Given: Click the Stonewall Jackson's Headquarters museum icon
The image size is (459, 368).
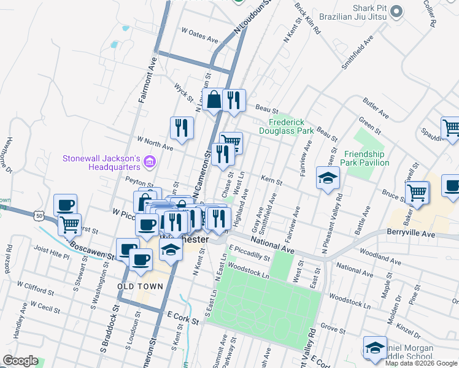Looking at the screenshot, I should coord(150,163).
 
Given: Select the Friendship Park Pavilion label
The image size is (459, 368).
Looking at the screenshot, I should coord(366,158).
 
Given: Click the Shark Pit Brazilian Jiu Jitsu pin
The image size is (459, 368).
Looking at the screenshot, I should coord(396,10).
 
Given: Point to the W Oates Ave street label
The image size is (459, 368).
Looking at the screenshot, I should coord(200,35).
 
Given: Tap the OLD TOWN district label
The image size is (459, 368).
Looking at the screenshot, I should coord(141,286).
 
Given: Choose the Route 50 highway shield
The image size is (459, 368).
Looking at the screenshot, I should coord(39,216).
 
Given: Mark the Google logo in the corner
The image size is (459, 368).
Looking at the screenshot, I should coord(21,361).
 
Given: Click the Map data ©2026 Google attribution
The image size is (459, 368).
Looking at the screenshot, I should coord(422,363).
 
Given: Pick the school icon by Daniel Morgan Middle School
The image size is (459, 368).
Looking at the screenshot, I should coord(375,347).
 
